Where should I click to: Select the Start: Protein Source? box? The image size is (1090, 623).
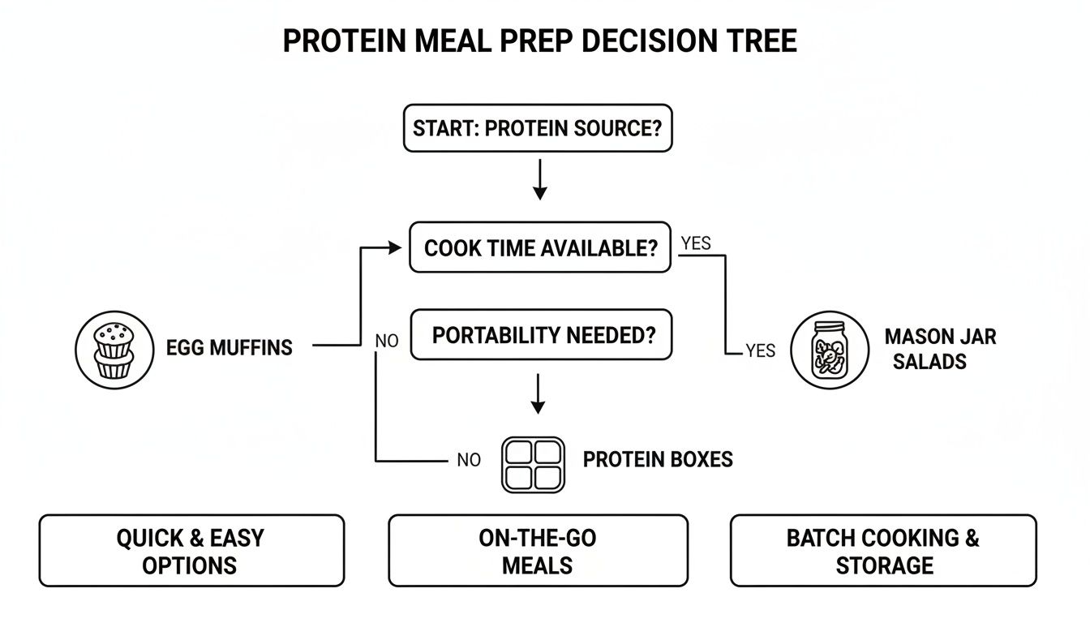(538, 128)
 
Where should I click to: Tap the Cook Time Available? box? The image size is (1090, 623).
(540, 247)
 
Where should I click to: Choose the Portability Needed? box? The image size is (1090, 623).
(542, 335)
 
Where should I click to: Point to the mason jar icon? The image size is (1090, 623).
(830, 350)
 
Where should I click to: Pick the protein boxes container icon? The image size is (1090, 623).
(533, 465)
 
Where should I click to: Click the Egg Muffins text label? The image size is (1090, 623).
(229, 349)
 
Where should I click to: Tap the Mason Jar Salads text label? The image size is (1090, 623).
(940, 349)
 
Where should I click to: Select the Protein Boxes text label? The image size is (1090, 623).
(658, 459)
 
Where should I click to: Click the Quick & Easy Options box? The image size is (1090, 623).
(191, 551)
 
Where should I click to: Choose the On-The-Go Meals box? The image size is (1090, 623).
(538, 551)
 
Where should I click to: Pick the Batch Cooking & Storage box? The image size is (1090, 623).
(883, 551)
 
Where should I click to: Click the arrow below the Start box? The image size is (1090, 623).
(539, 181)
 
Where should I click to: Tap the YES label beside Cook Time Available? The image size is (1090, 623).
(697, 243)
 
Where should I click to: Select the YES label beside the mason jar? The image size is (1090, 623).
(760, 350)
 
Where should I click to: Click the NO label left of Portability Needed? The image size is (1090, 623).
(387, 342)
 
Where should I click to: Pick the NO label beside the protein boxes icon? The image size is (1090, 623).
(468, 460)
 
